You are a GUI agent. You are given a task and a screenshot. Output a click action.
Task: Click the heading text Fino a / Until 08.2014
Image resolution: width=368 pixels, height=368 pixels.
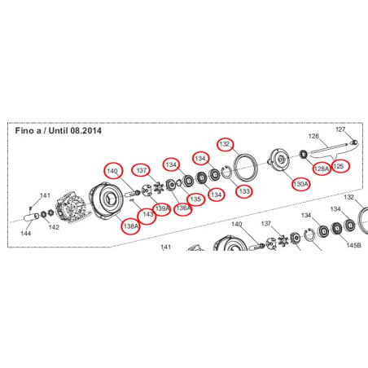pos(59,131)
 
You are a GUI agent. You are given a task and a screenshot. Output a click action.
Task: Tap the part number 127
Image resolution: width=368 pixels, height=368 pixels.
pos(340,129)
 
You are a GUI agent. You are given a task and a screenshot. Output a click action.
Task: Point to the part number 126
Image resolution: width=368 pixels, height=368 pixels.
pos(313,136)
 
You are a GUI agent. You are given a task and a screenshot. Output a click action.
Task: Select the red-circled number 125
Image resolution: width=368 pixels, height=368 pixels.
pos(339,166)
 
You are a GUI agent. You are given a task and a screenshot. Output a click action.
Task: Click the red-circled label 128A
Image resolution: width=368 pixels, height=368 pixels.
pos(322,169)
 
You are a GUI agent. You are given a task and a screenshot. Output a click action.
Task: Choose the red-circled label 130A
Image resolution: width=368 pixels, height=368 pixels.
pos(300,184)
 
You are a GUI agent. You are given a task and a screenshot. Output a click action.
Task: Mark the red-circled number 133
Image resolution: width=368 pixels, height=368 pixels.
pos(244,191)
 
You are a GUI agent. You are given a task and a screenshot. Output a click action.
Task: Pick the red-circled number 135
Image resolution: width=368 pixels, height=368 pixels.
pos(195,199)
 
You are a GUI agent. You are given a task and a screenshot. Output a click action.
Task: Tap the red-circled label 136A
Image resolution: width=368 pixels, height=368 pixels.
pos(182,208)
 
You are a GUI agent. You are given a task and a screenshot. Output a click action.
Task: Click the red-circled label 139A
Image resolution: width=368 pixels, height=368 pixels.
pos(162,208)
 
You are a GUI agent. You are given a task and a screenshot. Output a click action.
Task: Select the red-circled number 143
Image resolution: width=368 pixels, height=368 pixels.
pos(147,214)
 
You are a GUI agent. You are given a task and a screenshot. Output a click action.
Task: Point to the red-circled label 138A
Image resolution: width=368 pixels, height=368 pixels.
pos(131,226)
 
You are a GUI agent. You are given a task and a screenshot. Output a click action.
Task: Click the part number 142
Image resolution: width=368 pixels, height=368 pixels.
pos(54,227)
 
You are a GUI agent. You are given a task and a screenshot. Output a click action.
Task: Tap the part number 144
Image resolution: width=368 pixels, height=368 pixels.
pos(26,233)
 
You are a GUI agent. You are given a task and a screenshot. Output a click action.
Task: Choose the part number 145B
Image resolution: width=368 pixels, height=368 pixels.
pos(354,245)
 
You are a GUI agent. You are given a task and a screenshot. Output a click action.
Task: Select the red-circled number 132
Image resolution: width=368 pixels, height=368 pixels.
pos(225,144)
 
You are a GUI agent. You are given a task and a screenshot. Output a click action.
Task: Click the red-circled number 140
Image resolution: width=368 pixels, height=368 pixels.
pos(112,171)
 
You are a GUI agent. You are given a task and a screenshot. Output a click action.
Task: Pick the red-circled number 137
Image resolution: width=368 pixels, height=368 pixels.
pos(142,170)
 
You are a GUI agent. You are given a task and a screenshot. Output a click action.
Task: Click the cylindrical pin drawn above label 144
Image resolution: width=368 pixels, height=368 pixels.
pos(32,217)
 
